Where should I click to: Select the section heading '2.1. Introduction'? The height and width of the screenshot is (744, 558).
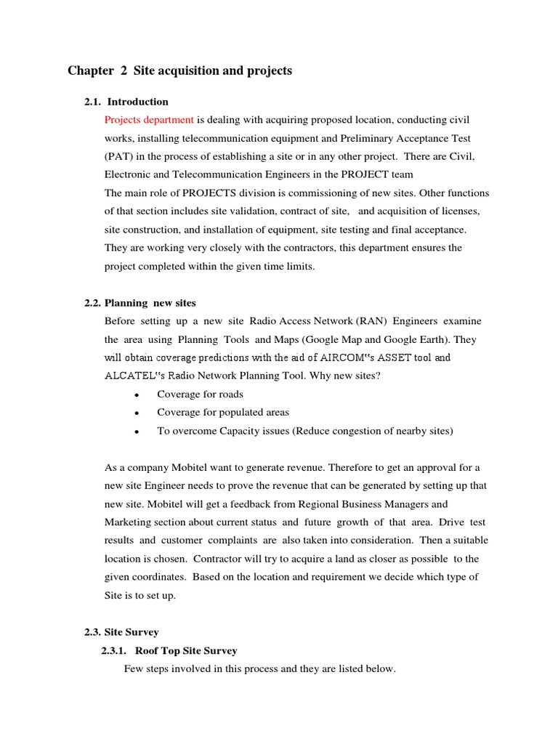126,102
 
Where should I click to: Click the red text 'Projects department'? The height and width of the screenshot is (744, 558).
149,119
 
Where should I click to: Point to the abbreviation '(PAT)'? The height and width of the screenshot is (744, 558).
119,156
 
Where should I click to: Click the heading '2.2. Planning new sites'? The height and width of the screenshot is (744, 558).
140,303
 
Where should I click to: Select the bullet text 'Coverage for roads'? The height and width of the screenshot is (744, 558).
200,394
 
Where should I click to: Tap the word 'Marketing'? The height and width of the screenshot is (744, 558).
129,522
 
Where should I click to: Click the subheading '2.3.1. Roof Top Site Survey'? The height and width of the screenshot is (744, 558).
169,650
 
